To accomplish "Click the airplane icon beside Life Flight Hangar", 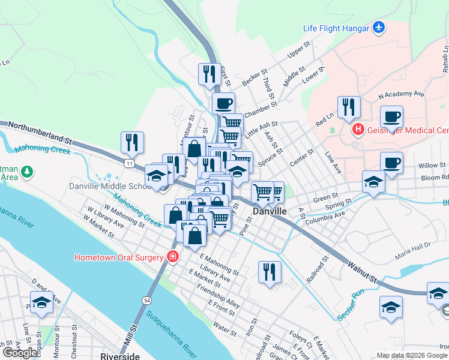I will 378,28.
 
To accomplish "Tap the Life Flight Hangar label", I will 336,28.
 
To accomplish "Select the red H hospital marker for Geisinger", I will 358,129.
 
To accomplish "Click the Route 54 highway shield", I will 146,299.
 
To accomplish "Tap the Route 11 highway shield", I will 130,163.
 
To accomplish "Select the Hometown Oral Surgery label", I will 119,257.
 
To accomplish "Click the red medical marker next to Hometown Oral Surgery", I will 173,257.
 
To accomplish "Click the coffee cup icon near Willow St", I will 391,162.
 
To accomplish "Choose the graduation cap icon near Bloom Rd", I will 373,182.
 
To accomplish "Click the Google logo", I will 20,353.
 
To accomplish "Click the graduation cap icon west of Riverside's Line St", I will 41,303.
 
